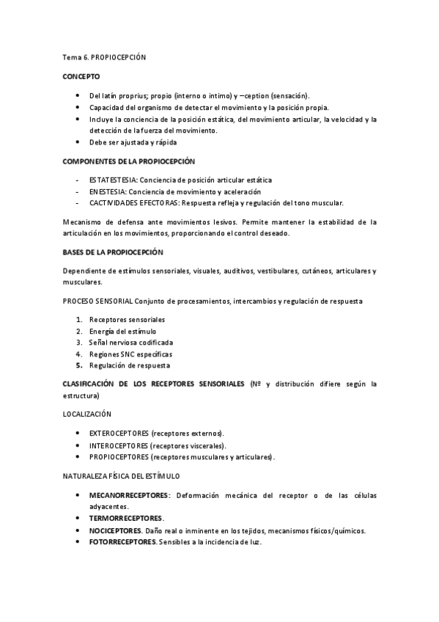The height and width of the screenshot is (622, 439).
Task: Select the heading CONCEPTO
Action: point(81,76)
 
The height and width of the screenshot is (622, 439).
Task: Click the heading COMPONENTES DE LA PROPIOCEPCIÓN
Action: point(128,161)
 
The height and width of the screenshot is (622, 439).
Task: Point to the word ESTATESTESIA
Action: point(113,180)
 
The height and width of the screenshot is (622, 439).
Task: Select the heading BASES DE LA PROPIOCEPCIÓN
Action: point(113,252)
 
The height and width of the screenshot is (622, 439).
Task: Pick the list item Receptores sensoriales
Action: point(127,320)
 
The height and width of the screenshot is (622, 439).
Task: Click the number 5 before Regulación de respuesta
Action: point(78,365)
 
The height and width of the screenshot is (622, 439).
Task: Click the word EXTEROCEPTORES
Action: point(118,433)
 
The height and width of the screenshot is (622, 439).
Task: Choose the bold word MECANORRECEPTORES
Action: point(128,496)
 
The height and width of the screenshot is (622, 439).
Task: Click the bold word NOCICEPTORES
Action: point(115,530)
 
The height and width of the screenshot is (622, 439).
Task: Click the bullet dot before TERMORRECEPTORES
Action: point(78,519)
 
